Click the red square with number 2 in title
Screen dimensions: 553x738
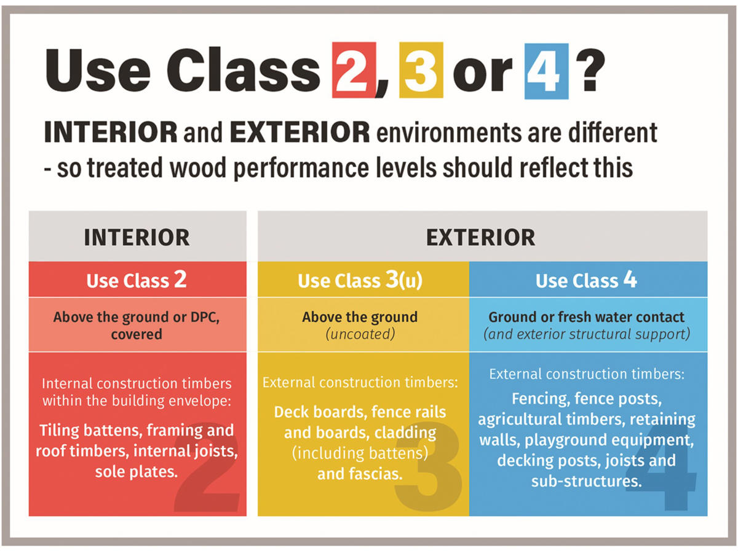click(x=353, y=71)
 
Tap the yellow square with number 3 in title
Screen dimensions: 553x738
click(x=421, y=71)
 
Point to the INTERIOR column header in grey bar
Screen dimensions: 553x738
click(x=137, y=237)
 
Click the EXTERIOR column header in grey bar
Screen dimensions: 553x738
click(x=482, y=237)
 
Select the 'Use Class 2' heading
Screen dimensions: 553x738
click(x=137, y=280)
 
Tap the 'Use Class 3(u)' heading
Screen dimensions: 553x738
click(x=360, y=281)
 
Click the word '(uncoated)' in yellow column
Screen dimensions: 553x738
click(x=360, y=334)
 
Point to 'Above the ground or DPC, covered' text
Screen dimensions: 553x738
click(x=137, y=326)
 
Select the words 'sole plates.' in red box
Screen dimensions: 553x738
click(x=137, y=472)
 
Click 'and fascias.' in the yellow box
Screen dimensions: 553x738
click(x=360, y=474)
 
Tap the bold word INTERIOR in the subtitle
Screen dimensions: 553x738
click(x=111, y=133)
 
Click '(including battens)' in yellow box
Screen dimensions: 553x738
click(x=360, y=453)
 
